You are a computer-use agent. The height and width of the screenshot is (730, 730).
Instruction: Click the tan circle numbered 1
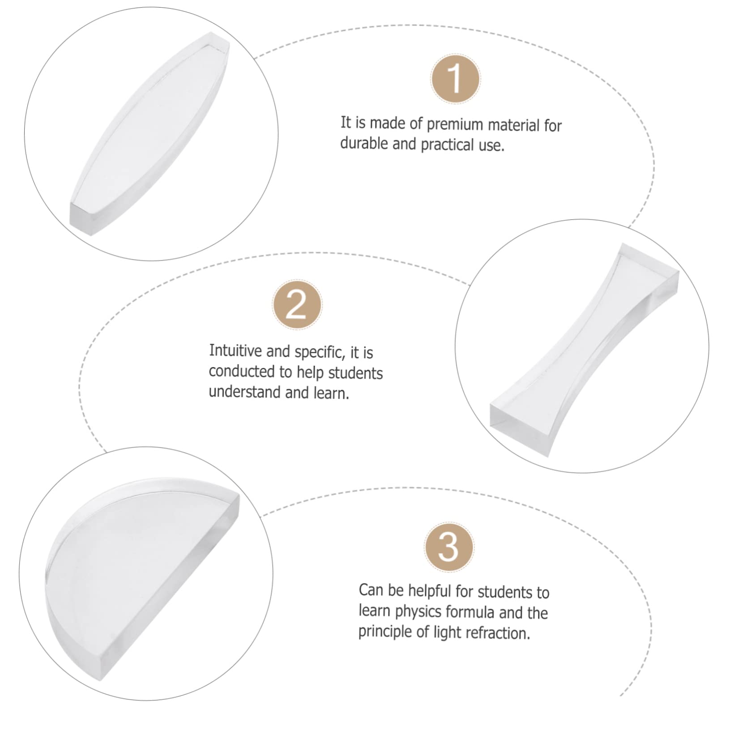tap(455, 79)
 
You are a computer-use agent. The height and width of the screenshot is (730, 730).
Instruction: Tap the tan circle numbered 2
tap(297, 305)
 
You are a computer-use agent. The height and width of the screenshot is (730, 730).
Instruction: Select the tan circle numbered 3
tap(448, 547)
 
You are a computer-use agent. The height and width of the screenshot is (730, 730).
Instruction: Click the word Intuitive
tap(235, 351)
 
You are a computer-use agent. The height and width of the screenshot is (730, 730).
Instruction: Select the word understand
tap(244, 392)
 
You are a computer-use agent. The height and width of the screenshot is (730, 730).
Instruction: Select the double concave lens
tap(584, 349)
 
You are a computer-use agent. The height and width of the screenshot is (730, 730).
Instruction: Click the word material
tap(513, 125)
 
